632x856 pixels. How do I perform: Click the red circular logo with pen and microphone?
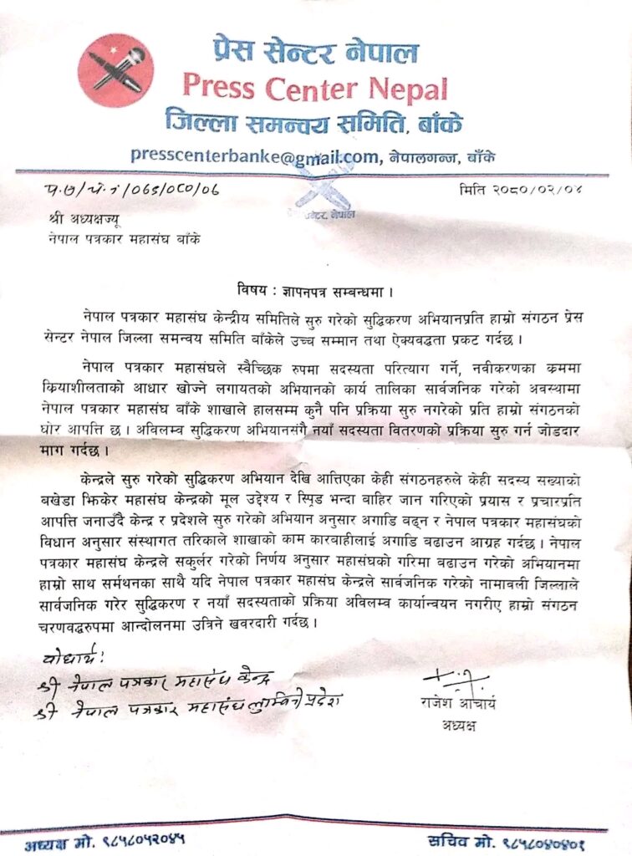[x=115, y=70]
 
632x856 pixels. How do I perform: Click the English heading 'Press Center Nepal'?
[x=315, y=86]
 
